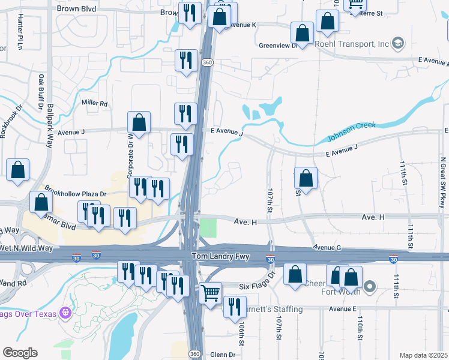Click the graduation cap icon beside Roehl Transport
[x=398, y=43]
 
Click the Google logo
[x=20, y=353]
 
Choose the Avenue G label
[x=327, y=247]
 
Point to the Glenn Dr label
[x=223, y=355]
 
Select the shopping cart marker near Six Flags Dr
[x=210, y=294]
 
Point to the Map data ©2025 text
[x=423, y=355]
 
